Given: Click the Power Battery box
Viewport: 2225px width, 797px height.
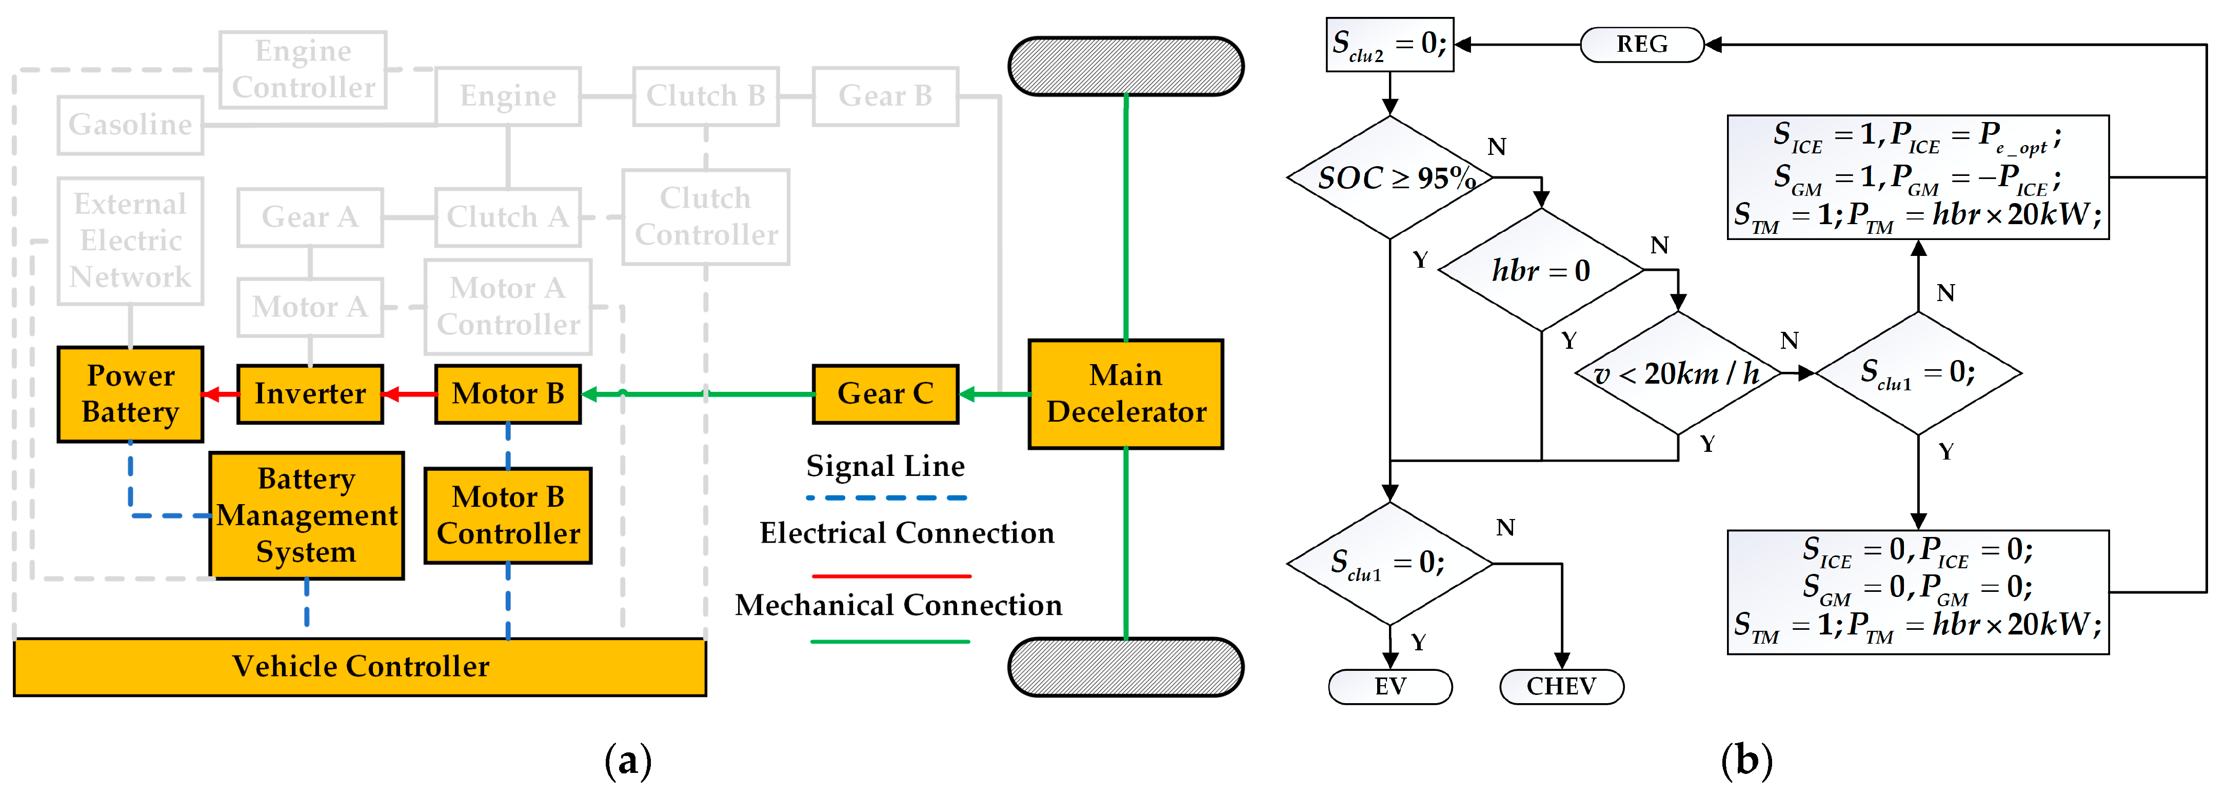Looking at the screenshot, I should click(130, 394).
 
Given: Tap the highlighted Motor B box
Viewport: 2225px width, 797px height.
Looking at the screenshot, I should click(508, 394).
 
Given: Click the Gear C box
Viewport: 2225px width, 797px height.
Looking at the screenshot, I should click(885, 394).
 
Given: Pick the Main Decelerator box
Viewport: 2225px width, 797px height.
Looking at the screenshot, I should click(1125, 394).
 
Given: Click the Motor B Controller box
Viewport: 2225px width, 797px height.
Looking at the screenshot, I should click(508, 515).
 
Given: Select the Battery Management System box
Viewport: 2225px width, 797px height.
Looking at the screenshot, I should click(307, 515).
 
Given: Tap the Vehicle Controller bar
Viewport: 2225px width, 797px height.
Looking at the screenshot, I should click(360, 667).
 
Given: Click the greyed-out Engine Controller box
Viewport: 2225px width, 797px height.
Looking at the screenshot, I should click(303, 69).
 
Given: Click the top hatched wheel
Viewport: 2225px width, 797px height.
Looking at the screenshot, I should click(1125, 67).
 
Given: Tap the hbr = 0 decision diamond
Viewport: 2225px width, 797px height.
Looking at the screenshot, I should click(1541, 270).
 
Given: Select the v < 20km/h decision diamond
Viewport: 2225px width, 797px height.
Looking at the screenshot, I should click(1677, 373).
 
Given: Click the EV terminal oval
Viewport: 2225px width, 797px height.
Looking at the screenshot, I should click(1390, 686).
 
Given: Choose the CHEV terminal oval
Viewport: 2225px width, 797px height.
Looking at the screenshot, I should click(1562, 686).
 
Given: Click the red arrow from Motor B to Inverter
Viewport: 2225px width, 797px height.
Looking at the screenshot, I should click(409, 394).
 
